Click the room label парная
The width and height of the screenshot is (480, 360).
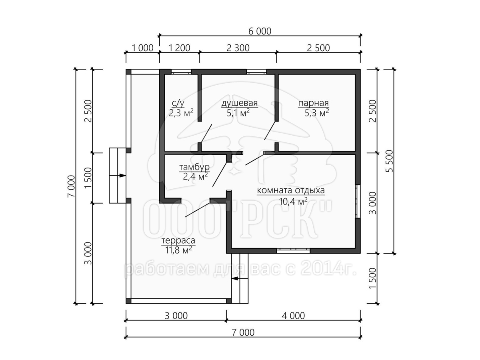[313, 103]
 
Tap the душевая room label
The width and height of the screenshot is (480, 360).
[240, 103]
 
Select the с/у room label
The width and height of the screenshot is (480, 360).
[178, 102]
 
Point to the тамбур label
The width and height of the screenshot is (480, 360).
[194, 168]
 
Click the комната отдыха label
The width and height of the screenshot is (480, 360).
[291, 190]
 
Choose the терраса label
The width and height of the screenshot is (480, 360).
[178, 241]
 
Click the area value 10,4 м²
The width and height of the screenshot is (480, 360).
[293, 201]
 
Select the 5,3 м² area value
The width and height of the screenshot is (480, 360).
[317, 113]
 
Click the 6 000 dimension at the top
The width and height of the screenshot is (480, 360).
[260, 31]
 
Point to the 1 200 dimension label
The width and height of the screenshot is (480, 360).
[179, 48]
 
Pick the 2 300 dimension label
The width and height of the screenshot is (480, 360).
[238, 48]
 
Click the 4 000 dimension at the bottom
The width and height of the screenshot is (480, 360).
[293, 316]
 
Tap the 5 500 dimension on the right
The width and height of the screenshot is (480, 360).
[389, 161]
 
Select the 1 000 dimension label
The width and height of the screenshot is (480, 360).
[142, 48]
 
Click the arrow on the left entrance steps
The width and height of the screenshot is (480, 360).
[118, 176]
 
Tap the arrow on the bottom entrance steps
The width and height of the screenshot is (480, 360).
[240, 278]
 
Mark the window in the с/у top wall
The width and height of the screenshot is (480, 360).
[181, 72]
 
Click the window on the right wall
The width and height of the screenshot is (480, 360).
[358, 201]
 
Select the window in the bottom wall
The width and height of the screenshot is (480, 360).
[293, 251]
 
